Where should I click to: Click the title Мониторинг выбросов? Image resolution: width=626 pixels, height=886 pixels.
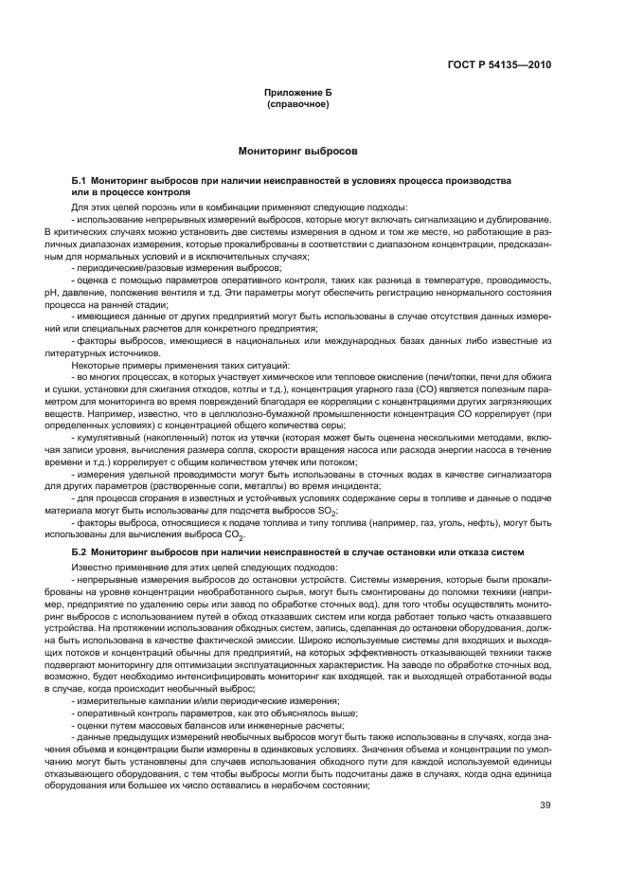pos(297,152)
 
